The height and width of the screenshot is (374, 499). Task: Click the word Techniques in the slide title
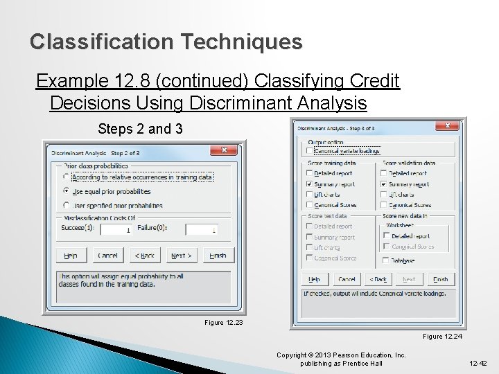pos(242,42)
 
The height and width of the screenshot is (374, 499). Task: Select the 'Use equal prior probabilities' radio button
pos(67,190)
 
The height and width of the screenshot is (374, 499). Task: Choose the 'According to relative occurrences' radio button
pos(67,177)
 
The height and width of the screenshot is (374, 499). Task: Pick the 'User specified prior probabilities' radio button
pos(67,205)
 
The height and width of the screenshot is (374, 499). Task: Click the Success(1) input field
pos(115,230)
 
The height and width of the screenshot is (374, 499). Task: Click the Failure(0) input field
pos(202,230)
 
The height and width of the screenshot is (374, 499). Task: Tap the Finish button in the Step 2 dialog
pos(218,256)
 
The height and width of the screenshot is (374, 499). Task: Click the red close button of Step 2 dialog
pos(224,150)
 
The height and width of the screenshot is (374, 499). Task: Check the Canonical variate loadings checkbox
pos(310,150)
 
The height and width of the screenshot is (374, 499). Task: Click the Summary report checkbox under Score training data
pos(309,184)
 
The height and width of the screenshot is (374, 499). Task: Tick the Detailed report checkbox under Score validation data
pos(384,173)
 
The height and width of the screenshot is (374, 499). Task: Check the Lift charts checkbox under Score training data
pos(309,195)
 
